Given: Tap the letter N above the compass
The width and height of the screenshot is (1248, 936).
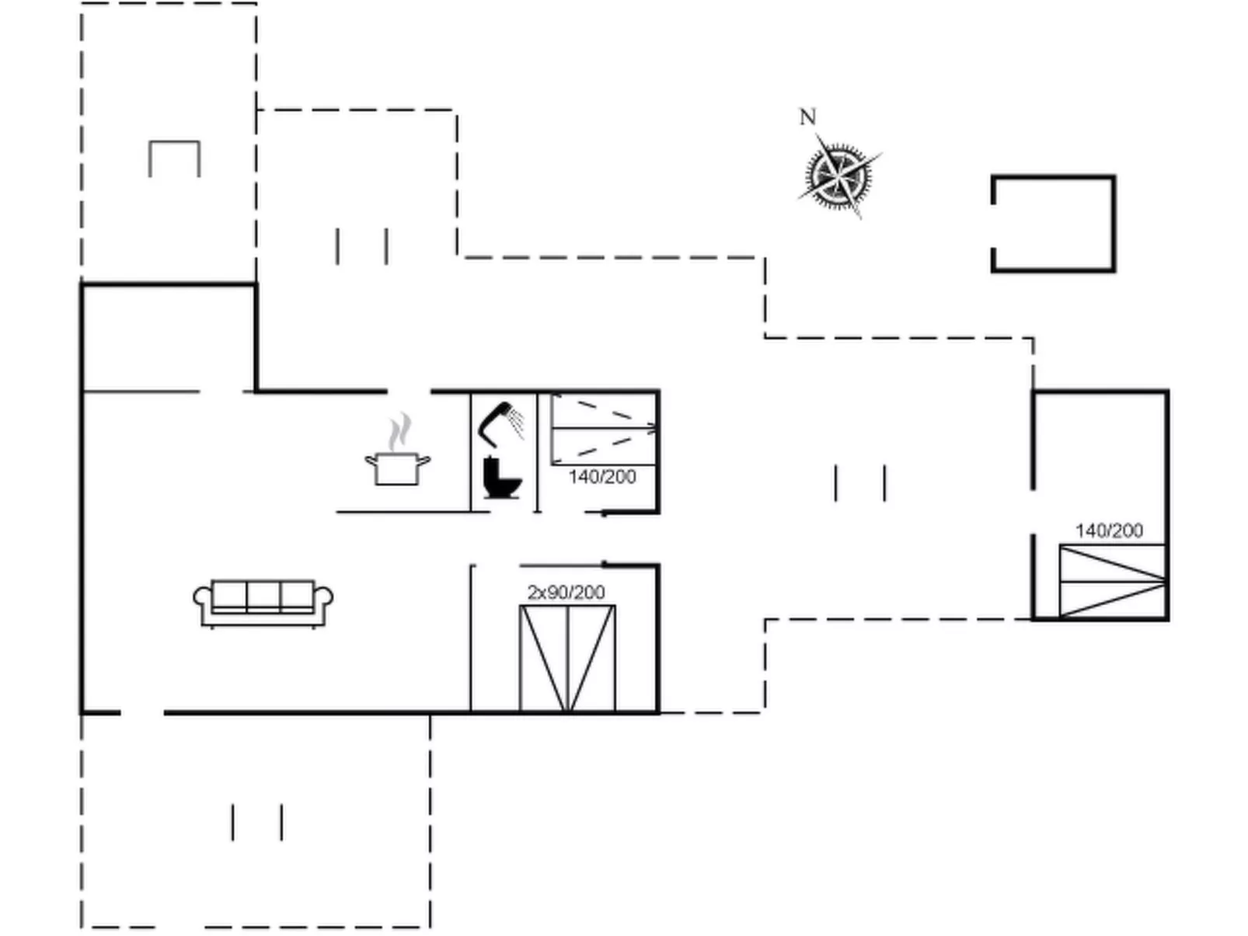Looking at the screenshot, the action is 808,117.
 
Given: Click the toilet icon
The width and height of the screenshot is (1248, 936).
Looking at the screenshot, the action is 502,478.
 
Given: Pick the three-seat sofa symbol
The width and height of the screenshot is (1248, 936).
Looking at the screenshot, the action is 263,604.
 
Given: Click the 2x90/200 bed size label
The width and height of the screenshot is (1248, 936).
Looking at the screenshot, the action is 566,593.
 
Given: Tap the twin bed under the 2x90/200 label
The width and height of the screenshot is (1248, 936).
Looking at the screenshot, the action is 567,657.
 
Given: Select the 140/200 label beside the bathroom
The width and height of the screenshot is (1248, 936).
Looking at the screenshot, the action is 602,477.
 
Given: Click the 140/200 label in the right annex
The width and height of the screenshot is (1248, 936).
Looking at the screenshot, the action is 1109,531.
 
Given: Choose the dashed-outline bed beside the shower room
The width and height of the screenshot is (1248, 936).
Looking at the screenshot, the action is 603,429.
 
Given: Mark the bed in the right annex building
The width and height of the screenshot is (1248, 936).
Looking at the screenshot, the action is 1113,581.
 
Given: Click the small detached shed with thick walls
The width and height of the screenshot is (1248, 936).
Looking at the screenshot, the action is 1053,224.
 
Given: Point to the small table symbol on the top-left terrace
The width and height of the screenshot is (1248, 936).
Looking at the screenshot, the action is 175,158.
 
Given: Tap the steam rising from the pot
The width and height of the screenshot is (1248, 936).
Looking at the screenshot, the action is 399,432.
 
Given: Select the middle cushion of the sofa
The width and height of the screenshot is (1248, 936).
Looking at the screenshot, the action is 263,594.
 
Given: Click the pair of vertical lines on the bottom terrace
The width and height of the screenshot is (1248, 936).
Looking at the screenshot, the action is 257,822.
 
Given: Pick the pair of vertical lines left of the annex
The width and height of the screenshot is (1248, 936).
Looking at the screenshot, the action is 860,483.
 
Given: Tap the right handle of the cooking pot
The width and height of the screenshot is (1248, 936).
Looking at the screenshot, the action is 424,460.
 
